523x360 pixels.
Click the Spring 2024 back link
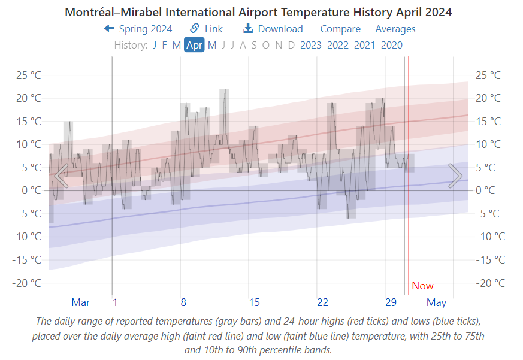(138, 29)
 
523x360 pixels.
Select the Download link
(273, 29)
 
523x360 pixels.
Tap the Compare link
(340, 29)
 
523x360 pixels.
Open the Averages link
(395, 29)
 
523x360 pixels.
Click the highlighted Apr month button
(194, 45)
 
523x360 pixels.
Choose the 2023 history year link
(310, 45)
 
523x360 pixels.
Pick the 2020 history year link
(391, 45)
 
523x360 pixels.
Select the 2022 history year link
(337, 45)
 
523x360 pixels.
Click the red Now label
(422, 286)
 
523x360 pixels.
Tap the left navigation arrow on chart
(61, 176)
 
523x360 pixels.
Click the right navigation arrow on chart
(455, 176)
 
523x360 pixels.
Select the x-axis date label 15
(255, 302)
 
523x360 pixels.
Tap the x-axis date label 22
(322, 302)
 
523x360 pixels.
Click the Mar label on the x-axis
(81, 302)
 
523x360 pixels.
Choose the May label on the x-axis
(436, 302)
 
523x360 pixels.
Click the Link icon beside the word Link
(195, 28)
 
